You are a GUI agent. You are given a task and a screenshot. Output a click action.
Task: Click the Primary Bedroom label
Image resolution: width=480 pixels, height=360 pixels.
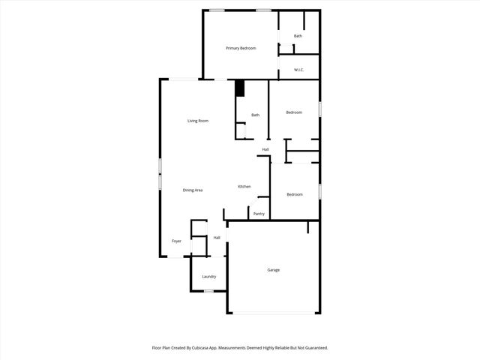point(241,48)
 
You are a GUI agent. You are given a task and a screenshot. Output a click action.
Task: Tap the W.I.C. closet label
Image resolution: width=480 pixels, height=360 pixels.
point(298,70)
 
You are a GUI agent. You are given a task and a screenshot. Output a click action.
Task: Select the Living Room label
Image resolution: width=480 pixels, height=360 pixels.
point(198,121)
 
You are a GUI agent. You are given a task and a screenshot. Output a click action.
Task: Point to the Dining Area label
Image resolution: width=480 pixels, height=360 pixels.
point(193,190)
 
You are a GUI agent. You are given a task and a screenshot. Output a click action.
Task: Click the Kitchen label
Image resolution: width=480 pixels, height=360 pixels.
point(244,186)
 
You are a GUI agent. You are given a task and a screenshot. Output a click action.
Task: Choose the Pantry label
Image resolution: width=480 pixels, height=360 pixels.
point(259,214)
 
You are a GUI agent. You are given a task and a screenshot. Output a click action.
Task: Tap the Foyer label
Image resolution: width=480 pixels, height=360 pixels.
point(176,241)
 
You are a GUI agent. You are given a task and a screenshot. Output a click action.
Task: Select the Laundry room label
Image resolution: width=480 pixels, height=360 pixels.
point(208,276)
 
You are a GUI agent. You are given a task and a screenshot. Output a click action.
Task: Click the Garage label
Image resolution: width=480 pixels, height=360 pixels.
point(274,270)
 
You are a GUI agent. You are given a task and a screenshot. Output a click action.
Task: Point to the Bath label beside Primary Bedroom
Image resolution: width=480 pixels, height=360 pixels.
point(298,36)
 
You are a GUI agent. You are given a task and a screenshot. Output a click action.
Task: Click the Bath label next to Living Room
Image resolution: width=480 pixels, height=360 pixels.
point(255,115)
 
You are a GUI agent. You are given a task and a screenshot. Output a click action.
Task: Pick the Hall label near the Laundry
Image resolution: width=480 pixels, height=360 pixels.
point(217,238)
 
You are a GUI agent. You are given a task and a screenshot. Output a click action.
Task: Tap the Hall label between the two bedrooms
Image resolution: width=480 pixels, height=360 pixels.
point(265,149)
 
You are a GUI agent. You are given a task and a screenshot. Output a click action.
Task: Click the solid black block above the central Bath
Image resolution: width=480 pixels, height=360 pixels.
point(240,88)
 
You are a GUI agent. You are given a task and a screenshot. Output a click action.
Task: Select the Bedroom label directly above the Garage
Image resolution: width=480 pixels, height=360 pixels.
point(295,194)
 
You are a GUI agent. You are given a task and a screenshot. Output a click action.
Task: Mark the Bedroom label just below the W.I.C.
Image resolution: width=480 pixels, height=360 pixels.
point(294,112)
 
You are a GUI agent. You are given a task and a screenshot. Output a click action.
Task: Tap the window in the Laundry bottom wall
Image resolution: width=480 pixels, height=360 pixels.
point(209,291)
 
